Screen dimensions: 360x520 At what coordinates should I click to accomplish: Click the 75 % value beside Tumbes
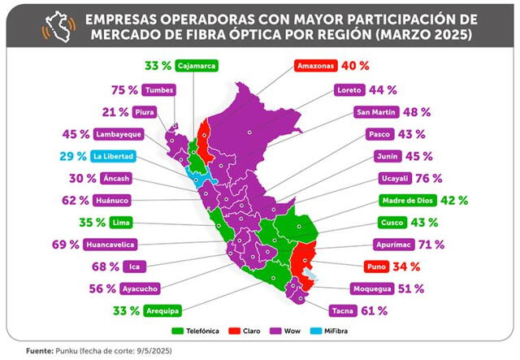click(x=123, y=90)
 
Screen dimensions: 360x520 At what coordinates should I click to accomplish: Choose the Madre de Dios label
click(x=407, y=200)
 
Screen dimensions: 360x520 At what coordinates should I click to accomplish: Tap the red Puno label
click(x=376, y=266)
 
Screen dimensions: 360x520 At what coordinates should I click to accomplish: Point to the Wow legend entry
click(x=297, y=332)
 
